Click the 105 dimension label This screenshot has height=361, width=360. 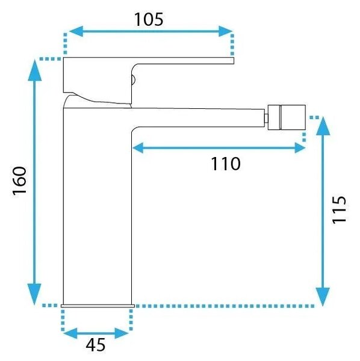(x=149, y=19)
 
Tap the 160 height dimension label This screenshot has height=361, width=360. (x=19, y=181)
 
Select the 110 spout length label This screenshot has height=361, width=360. (x=226, y=164)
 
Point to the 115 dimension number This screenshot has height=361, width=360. (x=339, y=210)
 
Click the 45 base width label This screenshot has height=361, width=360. (x=96, y=345)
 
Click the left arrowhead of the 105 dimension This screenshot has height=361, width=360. (x=76, y=31)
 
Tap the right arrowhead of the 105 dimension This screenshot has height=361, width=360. (x=226, y=31)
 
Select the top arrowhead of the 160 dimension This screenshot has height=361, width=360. (x=35, y=70)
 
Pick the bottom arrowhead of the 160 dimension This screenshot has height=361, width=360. (x=34, y=294)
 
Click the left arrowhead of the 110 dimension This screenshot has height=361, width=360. (x=138, y=148)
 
